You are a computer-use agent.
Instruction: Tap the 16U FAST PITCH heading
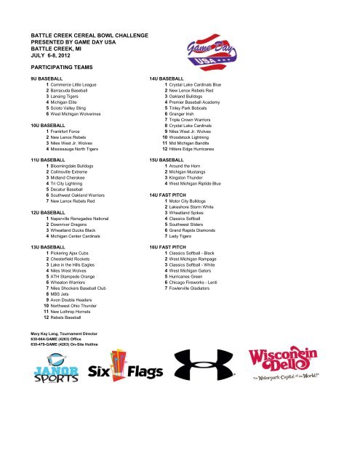[x=171, y=247]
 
